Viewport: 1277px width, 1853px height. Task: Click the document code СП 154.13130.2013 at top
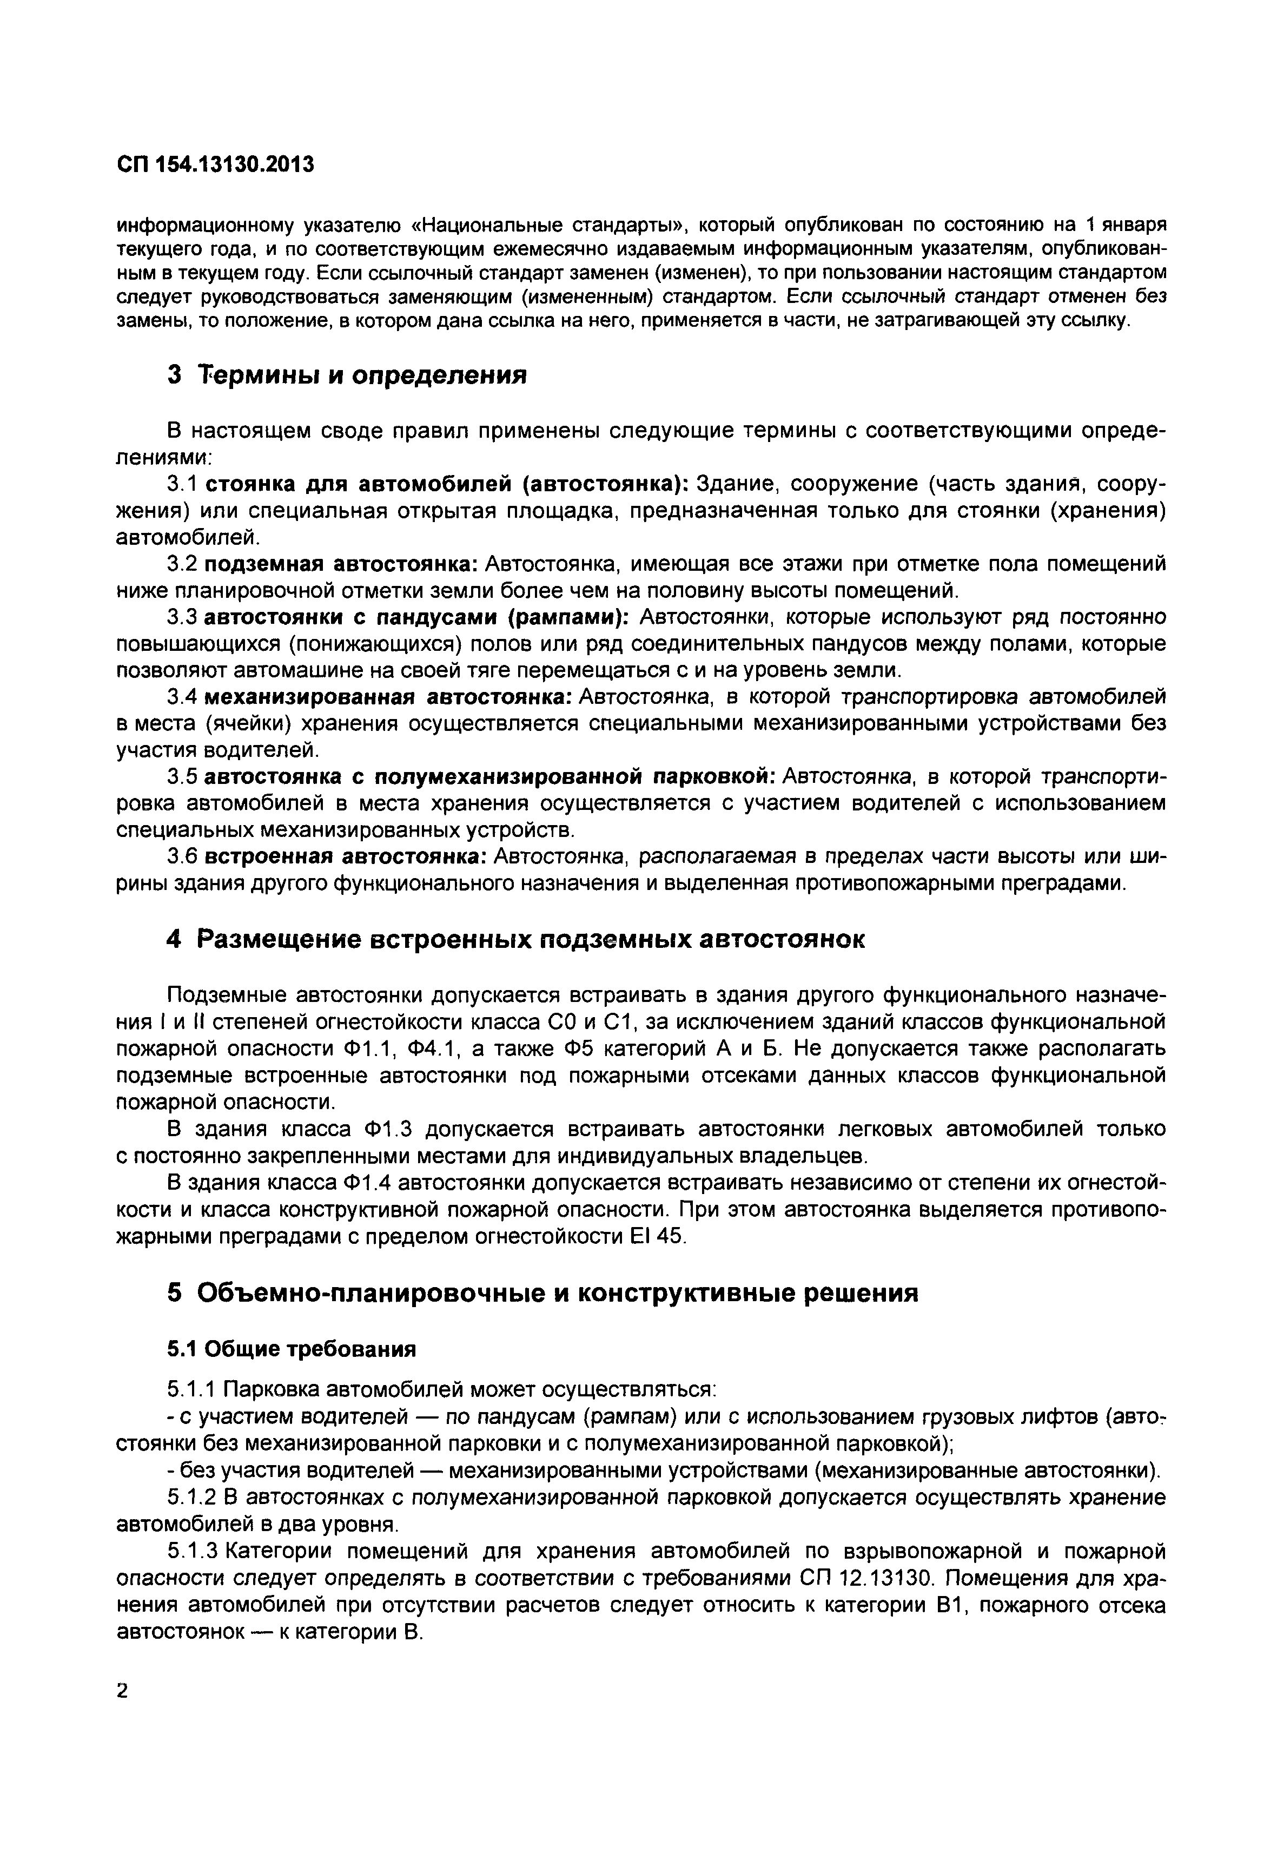tap(215, 165)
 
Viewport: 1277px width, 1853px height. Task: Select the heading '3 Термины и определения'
tap(347, 374)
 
